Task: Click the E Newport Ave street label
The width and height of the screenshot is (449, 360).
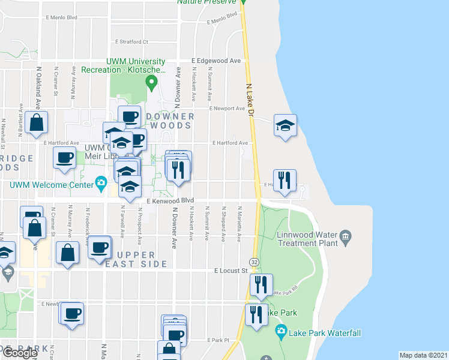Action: [x=228, y=109]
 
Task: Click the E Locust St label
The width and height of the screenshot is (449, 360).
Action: [x=231, y=271]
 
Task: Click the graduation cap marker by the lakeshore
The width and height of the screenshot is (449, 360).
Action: [x=285, y=125]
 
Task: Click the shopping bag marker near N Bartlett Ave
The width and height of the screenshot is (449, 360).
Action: [x=37, y=122]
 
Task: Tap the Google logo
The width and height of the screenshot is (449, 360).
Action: [x=20, y=353]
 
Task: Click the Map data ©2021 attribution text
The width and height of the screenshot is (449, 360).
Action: [x=423, y=355]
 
